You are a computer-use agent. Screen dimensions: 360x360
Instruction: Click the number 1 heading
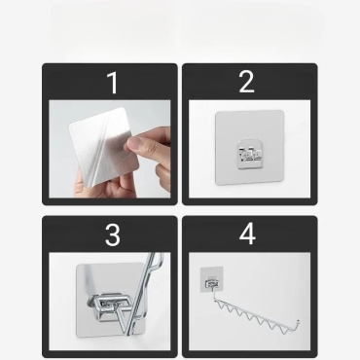[113, 83]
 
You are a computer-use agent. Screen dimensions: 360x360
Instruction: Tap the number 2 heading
[246, 82]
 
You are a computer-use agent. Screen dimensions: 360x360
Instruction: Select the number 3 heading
[113, 234]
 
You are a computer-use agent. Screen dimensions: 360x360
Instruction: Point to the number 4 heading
[247, 234]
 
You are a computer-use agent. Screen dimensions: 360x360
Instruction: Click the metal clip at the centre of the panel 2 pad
[249, 155]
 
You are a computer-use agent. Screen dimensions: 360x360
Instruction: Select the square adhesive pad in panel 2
[250, 148]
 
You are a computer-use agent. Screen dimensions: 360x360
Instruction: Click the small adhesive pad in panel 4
[212, 279]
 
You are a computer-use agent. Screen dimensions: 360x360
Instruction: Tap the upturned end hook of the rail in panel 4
[297, 324]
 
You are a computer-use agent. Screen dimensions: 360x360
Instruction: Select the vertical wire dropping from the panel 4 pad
[214, 294]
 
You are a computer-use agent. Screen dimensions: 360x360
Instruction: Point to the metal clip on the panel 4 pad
[212, 283]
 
